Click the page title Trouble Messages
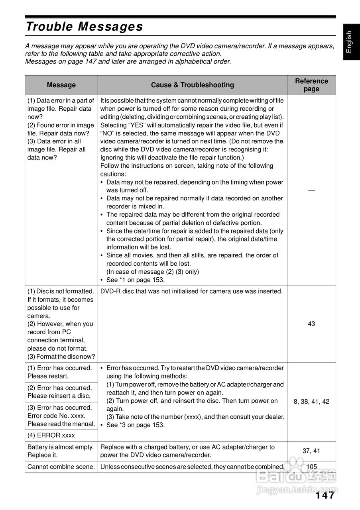click(84, 27)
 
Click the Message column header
click(61, 85)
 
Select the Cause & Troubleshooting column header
click(192, 85)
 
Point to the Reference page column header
click(311, 85)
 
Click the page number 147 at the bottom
click(325, 495)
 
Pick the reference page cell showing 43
click(311, 324)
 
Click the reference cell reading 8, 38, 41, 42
click(311, 402)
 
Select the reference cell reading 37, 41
click(311, 451)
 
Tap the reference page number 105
click(311, 467)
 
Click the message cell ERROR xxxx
click(51, 435)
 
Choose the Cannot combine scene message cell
click(61, 467)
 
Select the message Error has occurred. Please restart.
click(60, 372)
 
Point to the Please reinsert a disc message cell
click(60, 392)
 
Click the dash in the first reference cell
click(311, 190)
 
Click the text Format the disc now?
click(61, 357)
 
